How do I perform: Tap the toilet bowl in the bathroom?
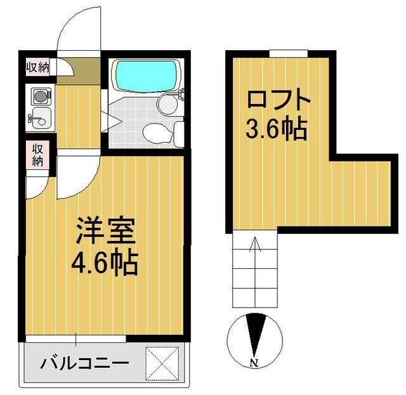click(156, 132)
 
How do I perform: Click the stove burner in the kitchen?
click(39, 98)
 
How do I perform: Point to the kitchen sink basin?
click(39, 117)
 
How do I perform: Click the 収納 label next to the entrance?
click(37, 67)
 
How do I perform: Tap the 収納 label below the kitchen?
click(37, 154)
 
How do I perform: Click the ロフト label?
click(278, 101)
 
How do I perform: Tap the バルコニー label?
click(85, 364)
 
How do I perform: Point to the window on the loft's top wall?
click(288, 53)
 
